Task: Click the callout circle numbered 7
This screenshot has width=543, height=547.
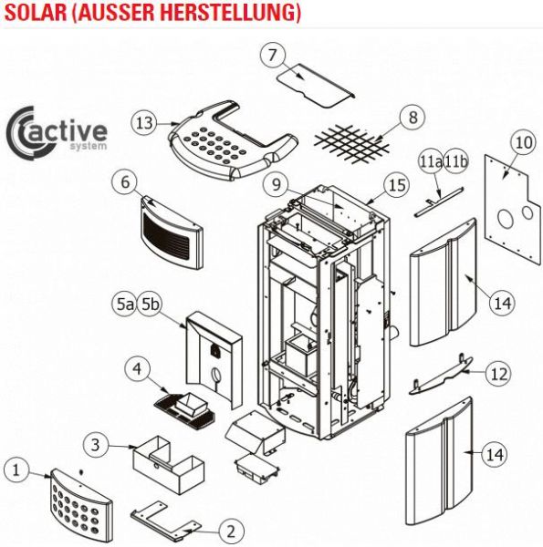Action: (273, 55)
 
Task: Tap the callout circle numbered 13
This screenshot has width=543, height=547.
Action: (144, 123)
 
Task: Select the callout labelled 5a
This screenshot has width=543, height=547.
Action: (125, 304)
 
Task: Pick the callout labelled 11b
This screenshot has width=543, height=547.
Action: (456, 162)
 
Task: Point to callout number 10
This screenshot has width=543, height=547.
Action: (524, 143)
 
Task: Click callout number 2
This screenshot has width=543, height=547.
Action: (231, 532)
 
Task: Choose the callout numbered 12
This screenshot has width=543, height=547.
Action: (498, 374)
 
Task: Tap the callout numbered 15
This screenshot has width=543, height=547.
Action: (397, 185)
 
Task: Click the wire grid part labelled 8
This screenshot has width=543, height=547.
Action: (351, 144)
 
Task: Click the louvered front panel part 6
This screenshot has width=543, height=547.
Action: (172, 232)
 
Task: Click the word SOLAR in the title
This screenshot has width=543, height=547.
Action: (36, 12)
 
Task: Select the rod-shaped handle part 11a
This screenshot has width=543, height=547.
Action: (439, 202)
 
